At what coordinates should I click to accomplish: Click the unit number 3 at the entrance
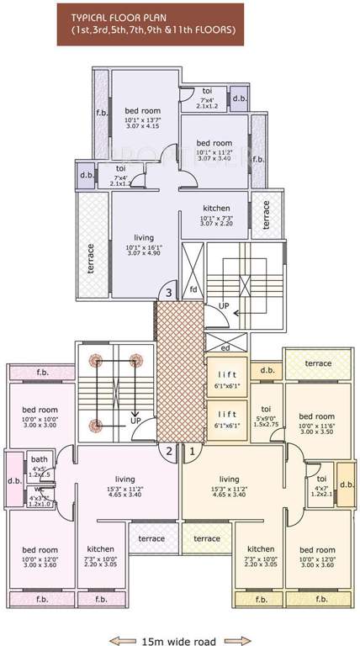click(x=169, y=293)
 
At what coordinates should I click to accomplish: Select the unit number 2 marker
click(x=169, y=451)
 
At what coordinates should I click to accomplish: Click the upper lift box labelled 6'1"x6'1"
click(x=227, y=376)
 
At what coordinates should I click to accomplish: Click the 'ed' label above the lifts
click(x=225, y=346)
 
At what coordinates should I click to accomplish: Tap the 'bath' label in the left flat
click(x=40, y=459)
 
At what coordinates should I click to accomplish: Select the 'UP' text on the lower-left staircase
click(x=135, y=418)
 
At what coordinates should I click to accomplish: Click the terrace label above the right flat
click(x=318, y=363)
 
